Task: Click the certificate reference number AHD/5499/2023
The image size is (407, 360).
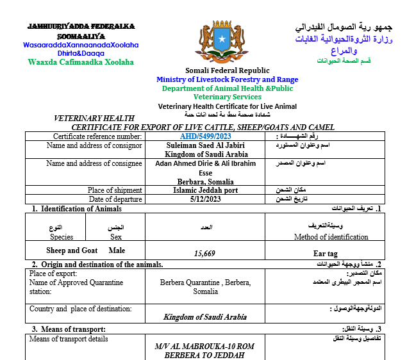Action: pos(206,136)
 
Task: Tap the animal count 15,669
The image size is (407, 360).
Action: pos(206,254)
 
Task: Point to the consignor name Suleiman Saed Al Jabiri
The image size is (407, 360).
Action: pos(206,145)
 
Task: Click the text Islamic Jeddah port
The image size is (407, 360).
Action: pos(206,190)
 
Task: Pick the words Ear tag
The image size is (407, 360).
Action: pos(326,254)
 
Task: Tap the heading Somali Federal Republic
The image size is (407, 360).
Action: pos(228,70)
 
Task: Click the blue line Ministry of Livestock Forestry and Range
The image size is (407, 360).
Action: pos(228,79)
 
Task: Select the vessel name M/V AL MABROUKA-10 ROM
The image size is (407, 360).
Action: pos(205,346)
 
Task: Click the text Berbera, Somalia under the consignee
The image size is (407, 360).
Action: pos(206,182)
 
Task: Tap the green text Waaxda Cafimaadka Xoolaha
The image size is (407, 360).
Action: pos(81,62)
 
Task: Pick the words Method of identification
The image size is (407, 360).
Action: pos(331,237)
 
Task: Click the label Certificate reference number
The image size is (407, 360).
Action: pos(97,136)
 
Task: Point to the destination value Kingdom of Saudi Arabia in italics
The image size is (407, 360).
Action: pos(205,316)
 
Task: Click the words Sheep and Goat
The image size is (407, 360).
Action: pos(72,250)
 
